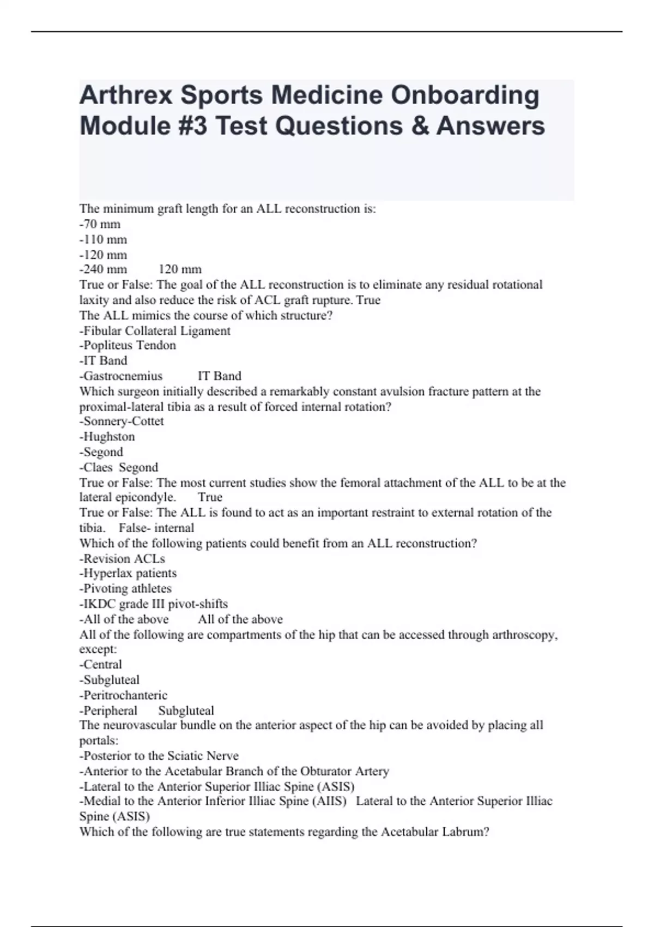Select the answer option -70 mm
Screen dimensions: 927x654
click(100, 224)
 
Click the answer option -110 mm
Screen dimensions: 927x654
click(103, 239)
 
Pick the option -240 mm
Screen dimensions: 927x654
click(103, 269)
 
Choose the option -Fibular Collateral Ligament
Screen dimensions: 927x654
click(155, 331)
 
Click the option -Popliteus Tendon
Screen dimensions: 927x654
click(128, 345)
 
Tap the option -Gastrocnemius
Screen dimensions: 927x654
click(121, 376)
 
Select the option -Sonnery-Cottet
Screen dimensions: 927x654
click(122, 422)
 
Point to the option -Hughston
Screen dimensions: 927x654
click(107, 437)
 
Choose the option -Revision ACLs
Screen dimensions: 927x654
click(122, 558)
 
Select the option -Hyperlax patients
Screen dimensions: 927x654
click(128, 573)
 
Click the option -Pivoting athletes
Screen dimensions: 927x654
click(125, 588)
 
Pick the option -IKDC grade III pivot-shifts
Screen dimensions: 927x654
click(154, 604)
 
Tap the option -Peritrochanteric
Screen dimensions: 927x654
click(123, 695)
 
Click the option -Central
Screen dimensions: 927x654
click(101, 665)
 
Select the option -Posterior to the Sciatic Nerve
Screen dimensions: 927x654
click(159, 756)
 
